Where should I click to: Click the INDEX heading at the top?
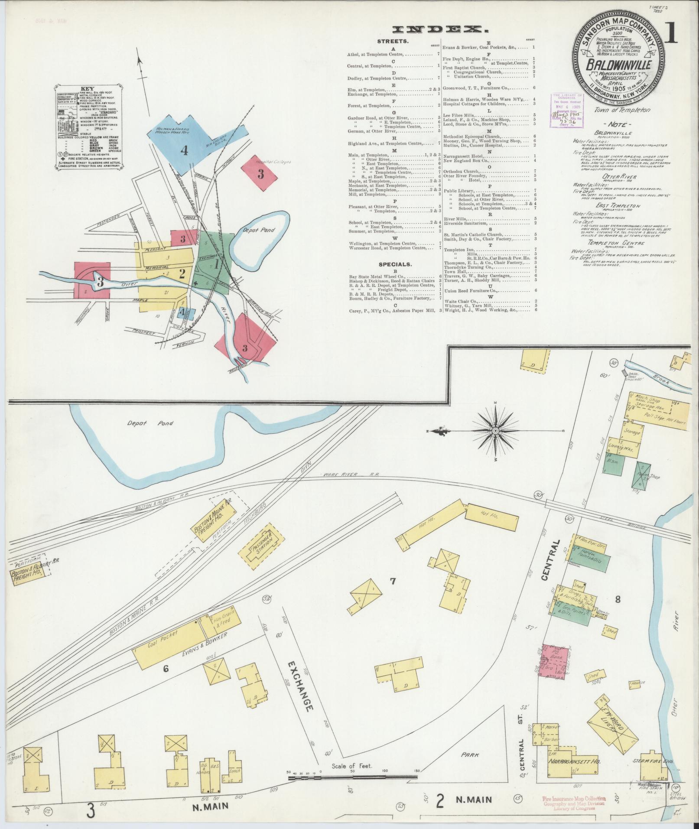pos(440,29)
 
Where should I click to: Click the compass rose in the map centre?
pos(495,431)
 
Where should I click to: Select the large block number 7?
pos(393,582)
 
